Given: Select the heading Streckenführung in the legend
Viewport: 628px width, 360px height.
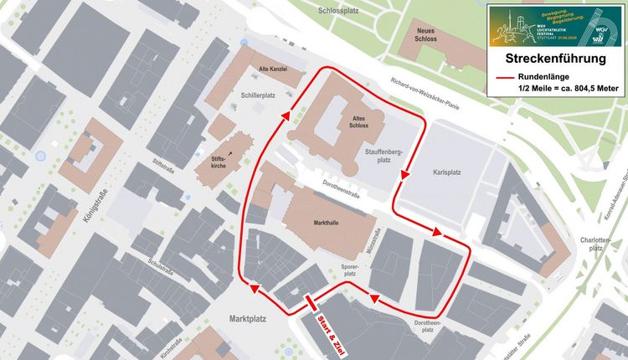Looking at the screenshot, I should (556, 59).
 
